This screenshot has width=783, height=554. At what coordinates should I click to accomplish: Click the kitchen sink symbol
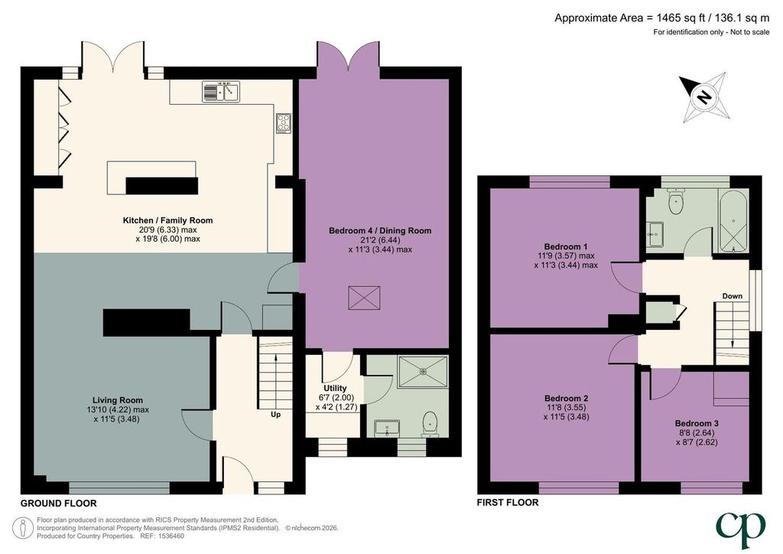(221, 92)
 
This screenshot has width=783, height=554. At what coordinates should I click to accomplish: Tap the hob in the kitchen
(284, 123)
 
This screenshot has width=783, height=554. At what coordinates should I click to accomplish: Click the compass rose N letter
(704, 96)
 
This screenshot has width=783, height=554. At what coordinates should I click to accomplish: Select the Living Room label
(118, 400)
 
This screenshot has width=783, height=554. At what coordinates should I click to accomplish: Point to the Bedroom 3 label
(697, 423)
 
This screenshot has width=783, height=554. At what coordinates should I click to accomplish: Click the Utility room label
(335, 388)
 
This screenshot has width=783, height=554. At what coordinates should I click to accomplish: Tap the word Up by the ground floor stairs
(275, 414)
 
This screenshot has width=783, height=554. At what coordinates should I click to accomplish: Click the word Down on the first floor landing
(732, 296)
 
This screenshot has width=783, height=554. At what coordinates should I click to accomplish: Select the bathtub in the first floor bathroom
(733, 220)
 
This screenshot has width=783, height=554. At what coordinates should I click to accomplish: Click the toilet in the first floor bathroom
(676, 200)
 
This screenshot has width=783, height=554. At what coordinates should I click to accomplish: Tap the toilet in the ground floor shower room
(430, 425)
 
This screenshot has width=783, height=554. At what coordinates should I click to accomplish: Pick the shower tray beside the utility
(423, 371)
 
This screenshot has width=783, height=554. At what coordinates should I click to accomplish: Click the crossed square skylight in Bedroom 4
(364, 298)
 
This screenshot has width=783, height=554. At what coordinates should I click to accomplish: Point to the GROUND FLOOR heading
(58, 503)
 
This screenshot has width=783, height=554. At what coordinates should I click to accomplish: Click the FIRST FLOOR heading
(508, 503)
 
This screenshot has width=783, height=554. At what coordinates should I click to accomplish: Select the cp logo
(740, 529)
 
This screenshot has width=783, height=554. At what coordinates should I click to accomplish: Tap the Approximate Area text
(662, 18)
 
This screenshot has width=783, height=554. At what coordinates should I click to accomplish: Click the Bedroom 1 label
(566, 246)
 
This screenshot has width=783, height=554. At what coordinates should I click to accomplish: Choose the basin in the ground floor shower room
(386, 428)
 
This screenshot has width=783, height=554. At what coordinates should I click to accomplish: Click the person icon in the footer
(23, 528)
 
